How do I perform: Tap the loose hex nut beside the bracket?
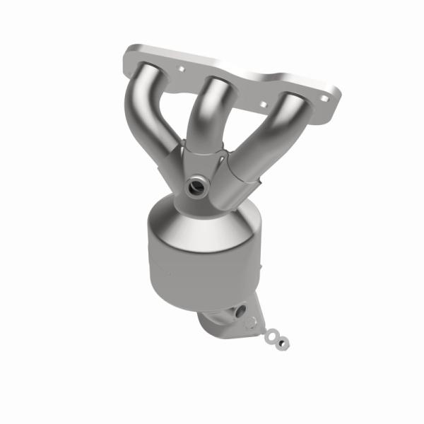tap(284, 343)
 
